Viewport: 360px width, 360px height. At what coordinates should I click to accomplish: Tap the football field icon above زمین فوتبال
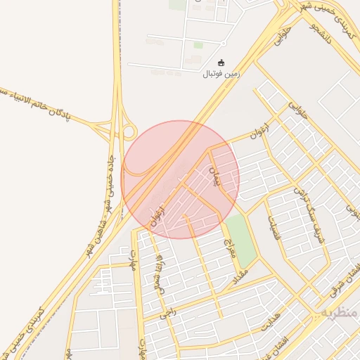coord(221,63)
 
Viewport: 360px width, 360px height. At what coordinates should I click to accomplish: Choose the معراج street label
coord(228,247)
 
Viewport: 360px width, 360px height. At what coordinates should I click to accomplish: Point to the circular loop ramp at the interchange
coord(129,132)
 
